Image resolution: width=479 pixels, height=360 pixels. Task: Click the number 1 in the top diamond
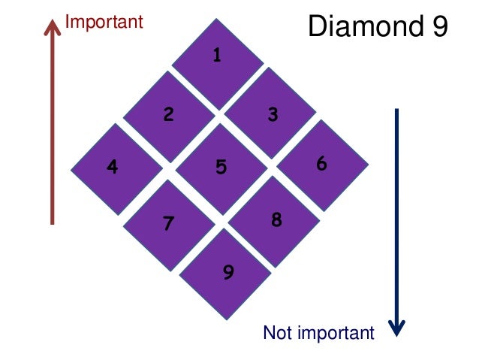(x=217, y=55)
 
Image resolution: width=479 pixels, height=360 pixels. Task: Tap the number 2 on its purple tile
(x=169, y=114)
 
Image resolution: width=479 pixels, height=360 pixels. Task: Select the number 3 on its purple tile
(x=273, y=114)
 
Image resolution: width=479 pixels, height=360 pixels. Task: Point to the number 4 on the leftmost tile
(x=113, y=167)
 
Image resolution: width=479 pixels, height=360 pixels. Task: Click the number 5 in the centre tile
(x=221, y=167)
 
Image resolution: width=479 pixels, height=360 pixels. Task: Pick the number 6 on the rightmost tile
(x=321, y=163)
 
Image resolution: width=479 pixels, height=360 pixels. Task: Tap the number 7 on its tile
(x=169, y=223)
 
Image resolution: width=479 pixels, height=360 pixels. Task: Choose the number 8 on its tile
(x=276, y=219)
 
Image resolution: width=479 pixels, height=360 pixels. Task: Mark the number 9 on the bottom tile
(x=228, y=272)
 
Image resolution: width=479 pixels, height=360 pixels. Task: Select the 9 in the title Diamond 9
(x=439, y=27)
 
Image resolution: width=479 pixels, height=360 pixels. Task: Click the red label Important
(x=104, y=22)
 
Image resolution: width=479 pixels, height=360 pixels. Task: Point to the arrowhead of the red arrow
(x=52, y=28)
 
